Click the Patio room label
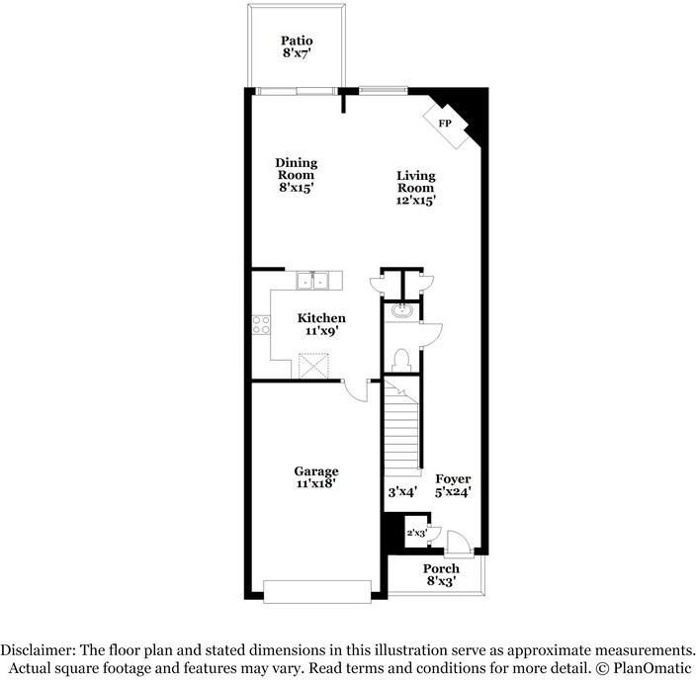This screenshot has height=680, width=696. [297, 41]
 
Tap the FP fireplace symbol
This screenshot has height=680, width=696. [446, 123]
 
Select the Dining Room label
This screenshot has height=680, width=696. [296, 168]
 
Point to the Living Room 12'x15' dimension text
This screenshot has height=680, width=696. [416, 200]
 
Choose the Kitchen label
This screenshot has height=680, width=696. [322, 318]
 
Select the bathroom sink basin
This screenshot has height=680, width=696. [402, 312]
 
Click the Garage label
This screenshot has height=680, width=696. [316, 471]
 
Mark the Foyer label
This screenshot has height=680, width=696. [453, 478]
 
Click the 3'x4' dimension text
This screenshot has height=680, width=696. [402, 491]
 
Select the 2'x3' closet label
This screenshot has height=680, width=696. [415, 533]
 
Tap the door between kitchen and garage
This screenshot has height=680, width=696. [355, 390]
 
